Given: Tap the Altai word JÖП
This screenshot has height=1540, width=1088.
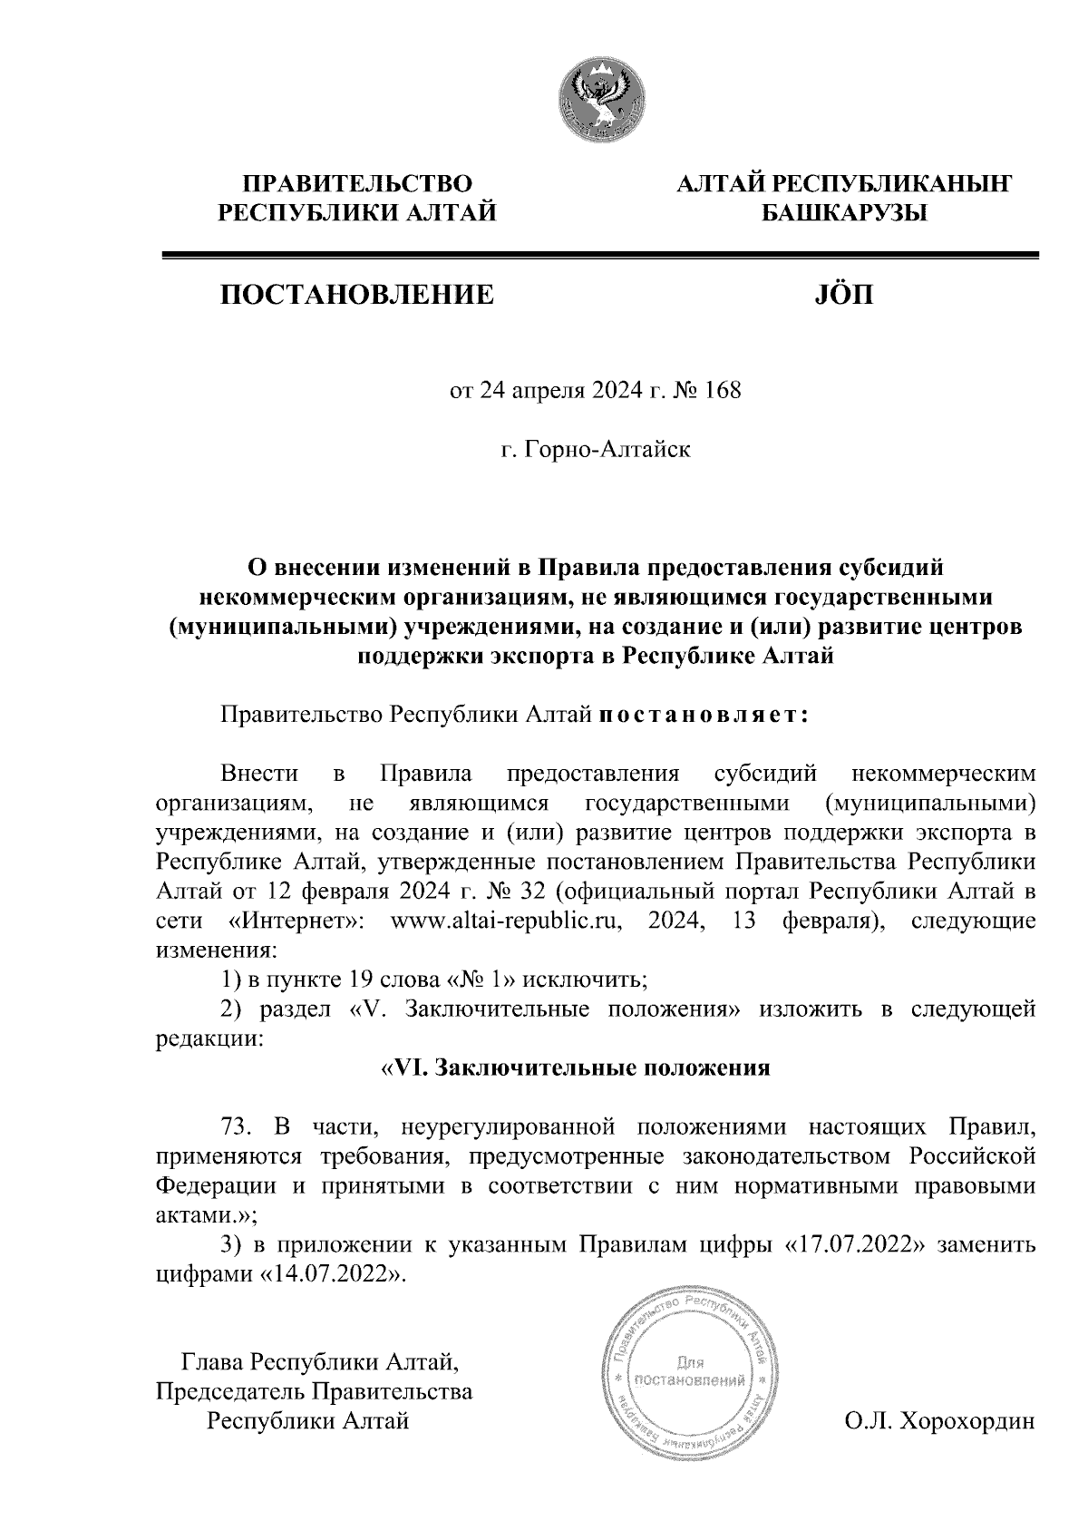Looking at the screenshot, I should click(839, 295).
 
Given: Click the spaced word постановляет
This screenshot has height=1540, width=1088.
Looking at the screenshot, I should click(702, 715).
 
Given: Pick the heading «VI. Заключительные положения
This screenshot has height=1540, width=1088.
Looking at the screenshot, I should click(574, 1067).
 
